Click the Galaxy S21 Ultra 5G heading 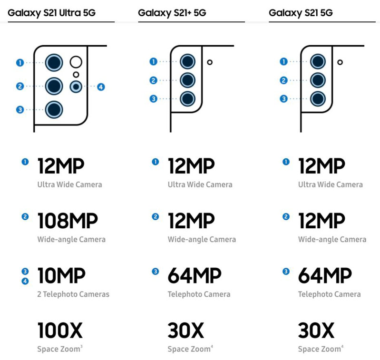(x=51, y=13)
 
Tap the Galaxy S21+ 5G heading (x=172, y=13)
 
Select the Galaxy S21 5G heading (x=300, y=13)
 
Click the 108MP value (x=68, y=220)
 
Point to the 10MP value (x=61, y=275)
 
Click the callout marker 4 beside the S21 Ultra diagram (x=101, y=87)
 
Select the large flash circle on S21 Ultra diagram (x=76, y=62)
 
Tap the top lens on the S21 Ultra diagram (x=54, y=62)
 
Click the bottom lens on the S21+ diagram (x=188, y=99)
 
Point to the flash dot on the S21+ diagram (x=209, y=62)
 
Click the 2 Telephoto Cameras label (x=73, y=294)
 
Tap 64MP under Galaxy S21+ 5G (x=194, y=275)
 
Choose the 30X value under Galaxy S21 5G (x=316, y=330)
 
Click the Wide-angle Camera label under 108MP (x=71, y=240)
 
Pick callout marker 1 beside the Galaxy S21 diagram (x=284, y=61)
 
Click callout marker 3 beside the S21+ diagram (x=154, y=99)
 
